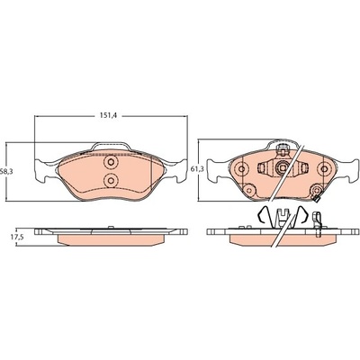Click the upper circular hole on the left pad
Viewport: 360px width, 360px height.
coord(111,163)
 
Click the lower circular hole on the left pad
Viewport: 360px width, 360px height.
coord(111,180)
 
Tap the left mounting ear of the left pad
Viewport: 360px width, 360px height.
coord(43,170)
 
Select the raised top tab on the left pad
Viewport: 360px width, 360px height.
coord(111,147)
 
